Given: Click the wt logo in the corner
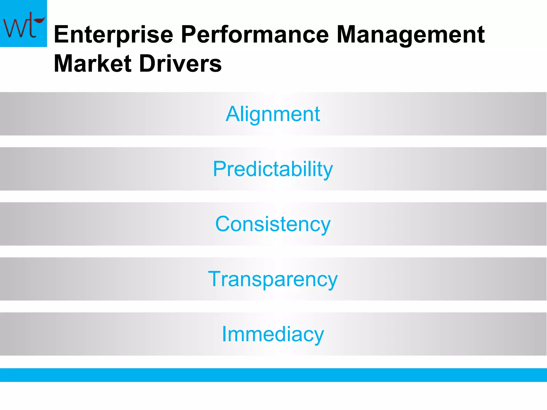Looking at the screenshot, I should pos(24,23).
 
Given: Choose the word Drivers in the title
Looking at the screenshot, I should pos(181,64).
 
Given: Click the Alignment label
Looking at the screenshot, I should pos(273,114).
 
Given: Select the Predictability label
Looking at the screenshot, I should pos(273,169).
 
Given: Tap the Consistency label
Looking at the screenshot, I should pos(273,224).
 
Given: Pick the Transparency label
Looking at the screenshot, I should pos(273,279).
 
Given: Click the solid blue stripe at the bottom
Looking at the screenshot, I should pos(273,375).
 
